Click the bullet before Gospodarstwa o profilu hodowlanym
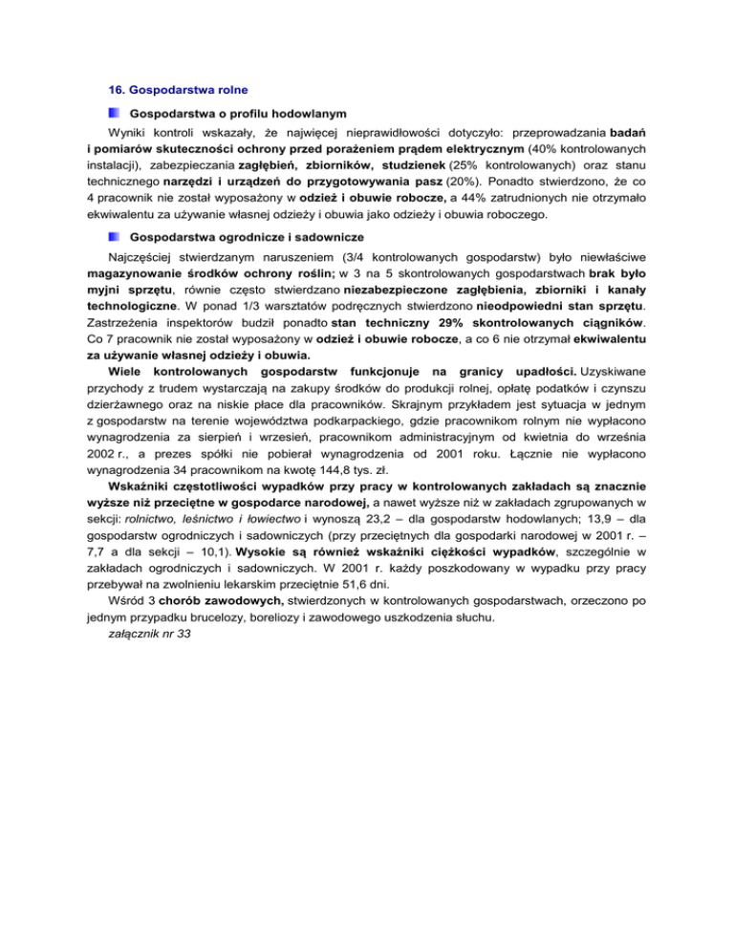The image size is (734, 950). click(115, 114)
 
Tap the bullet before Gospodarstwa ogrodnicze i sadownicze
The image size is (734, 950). click(115, 235)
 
